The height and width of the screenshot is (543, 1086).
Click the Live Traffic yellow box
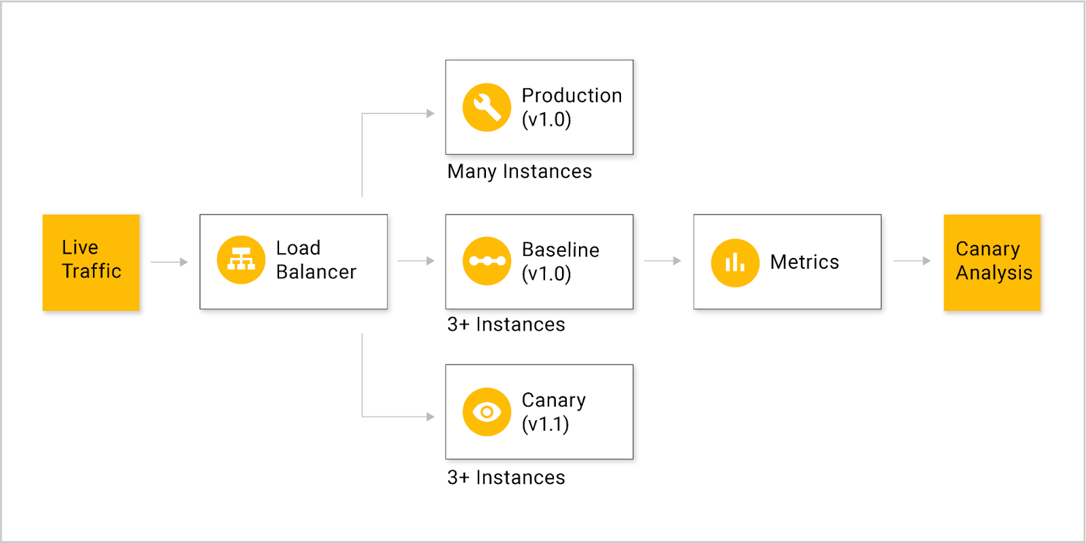91,262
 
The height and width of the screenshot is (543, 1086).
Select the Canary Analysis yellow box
992,262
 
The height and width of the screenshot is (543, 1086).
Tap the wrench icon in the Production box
487,107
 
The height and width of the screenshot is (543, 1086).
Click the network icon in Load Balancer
241,260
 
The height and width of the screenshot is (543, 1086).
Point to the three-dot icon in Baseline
487,261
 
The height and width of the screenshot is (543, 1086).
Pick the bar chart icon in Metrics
735,263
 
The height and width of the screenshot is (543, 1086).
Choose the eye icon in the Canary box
487,411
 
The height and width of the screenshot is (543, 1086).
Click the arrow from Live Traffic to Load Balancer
169,262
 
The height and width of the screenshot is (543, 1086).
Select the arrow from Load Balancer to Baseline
416,261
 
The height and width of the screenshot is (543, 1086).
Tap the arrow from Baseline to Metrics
662,261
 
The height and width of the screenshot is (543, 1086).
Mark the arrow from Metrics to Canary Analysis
912,261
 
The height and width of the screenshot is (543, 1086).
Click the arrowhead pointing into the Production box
430,113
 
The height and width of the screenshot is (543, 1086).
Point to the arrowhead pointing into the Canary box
430,417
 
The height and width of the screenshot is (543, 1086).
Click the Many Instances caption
520,172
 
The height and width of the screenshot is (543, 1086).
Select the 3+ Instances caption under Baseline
506,324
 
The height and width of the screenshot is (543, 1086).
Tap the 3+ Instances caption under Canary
506,478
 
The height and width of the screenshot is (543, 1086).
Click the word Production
572,96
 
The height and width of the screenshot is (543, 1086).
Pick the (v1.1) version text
546,424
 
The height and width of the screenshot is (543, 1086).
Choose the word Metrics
805,262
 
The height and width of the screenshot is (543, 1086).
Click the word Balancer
316,272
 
